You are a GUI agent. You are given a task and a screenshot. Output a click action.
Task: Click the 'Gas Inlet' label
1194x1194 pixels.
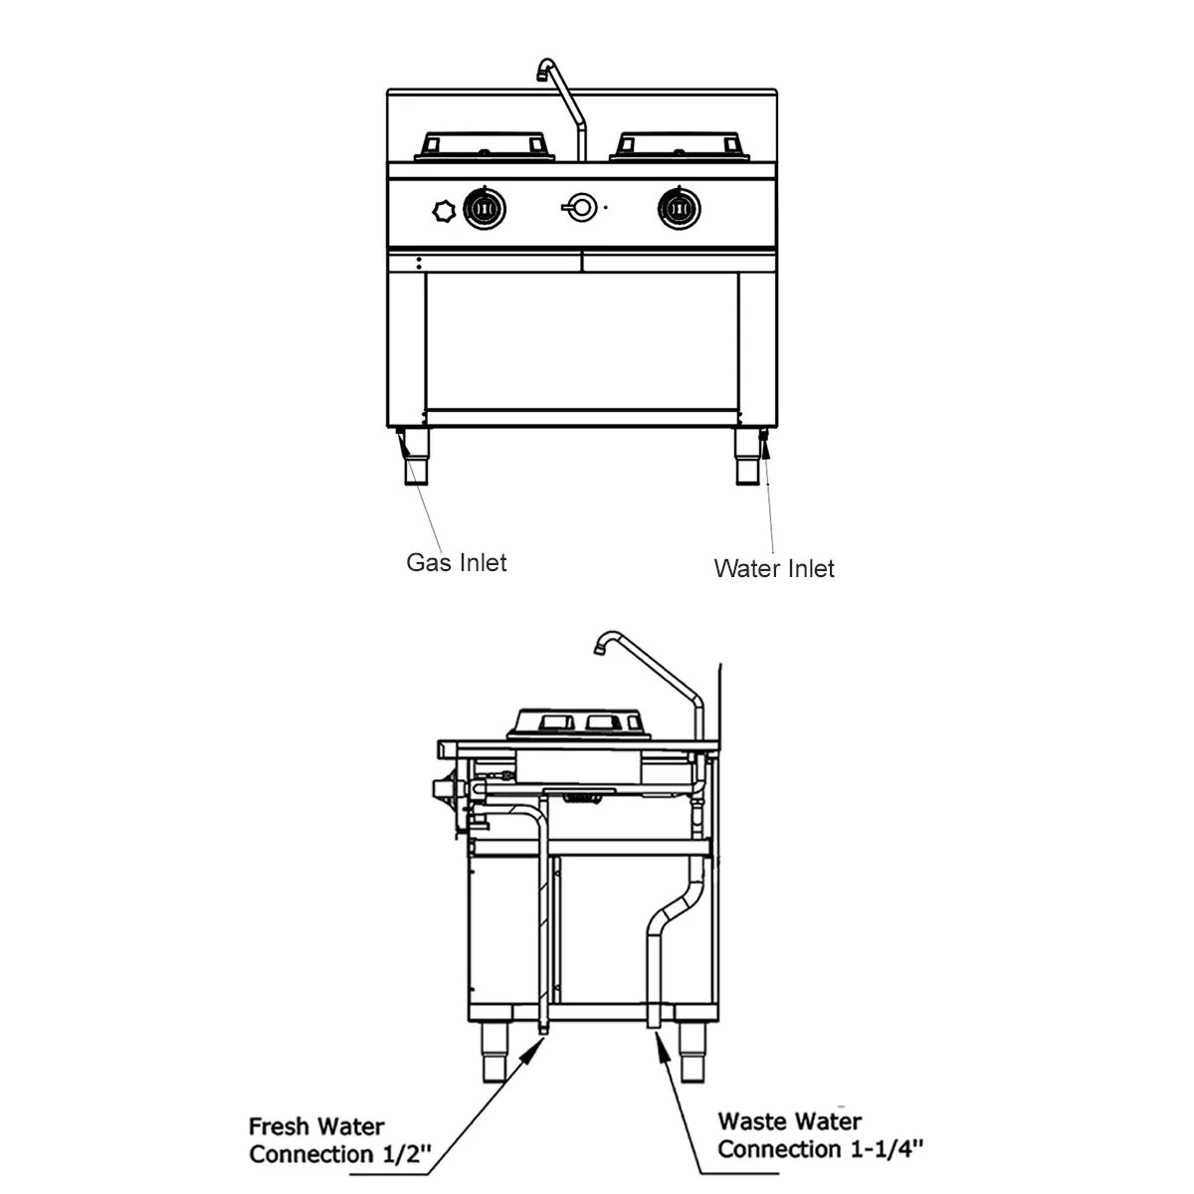point(456,562)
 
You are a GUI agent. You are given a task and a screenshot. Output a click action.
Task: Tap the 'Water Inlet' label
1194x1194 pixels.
point(774,569)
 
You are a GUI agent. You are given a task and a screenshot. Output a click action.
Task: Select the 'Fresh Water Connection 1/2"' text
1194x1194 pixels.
point(339,1140)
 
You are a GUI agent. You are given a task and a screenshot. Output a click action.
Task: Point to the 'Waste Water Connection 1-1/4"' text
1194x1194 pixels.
point(820,1135)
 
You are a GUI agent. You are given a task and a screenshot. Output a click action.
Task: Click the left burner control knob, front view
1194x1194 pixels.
point(485,209)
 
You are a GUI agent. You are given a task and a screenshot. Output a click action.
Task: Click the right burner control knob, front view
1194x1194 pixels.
point(680,209)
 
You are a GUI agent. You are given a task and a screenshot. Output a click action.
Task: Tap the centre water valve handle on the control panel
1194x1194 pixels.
point(580,208)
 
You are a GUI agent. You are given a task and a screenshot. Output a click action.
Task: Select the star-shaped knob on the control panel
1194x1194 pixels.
point(444,211)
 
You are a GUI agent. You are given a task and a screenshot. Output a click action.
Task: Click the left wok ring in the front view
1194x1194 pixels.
point(485,146)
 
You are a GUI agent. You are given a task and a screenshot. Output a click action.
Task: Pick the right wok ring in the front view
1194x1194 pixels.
point(680,146)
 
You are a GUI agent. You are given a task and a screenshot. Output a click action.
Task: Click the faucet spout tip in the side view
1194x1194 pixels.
point(599,648)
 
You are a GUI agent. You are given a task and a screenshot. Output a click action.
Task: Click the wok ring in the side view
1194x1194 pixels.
point(579,724)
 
